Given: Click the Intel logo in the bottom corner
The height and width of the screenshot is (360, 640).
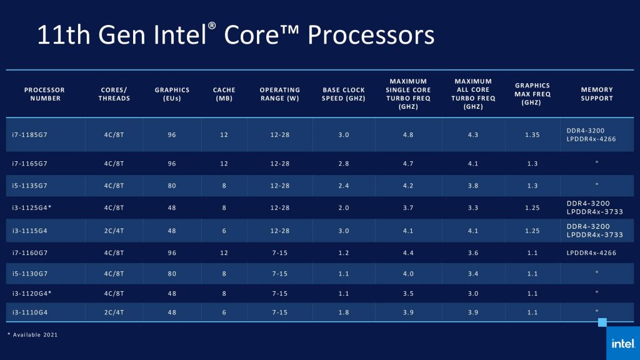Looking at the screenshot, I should [x=622, y=343].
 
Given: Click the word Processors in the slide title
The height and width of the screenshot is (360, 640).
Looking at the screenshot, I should [x=371, y=35].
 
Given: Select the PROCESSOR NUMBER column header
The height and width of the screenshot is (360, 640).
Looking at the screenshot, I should [x=44, y=94].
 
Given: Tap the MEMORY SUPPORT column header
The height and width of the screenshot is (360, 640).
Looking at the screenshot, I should [x=596, y=94].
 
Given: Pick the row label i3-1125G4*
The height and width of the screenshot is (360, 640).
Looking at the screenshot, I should [x=32, y=207].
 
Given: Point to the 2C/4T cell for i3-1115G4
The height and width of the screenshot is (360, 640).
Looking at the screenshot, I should [x=114, y=231].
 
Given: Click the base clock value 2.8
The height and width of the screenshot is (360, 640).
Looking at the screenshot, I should [x=344, y=162].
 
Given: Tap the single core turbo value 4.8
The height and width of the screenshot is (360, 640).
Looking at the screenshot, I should [x=408, y=134].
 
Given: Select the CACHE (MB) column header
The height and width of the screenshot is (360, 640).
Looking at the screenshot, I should [x=224, y=94].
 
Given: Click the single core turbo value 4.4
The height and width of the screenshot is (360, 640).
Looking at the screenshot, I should [x=408, y=252].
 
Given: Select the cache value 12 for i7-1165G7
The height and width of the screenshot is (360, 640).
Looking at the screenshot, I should [x=224, y=162].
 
